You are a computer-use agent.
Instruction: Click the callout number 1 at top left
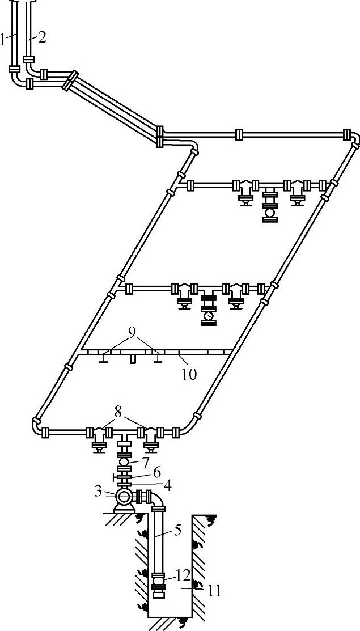(x=3, y=39)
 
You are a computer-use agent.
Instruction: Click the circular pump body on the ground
(x=123, y=497)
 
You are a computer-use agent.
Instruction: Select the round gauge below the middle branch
(x=209, y=316)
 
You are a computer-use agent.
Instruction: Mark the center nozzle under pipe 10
(x=132, y=359)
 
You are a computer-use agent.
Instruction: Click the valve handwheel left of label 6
(x=115, y=480)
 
